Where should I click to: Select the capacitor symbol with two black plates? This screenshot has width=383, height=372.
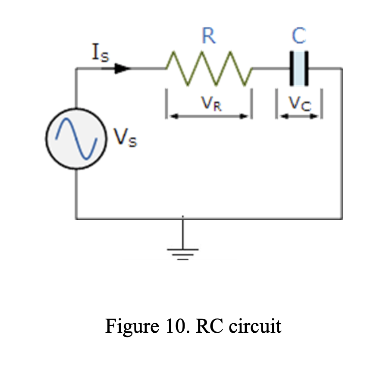click(299, 69)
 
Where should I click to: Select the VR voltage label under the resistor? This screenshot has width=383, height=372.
click(211, 104)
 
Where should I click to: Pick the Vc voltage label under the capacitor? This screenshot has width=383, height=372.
click(299, 104)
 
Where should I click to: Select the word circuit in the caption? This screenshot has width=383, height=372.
click(255, 326)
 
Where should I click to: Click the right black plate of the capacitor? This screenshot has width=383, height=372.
click(306, 69)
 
